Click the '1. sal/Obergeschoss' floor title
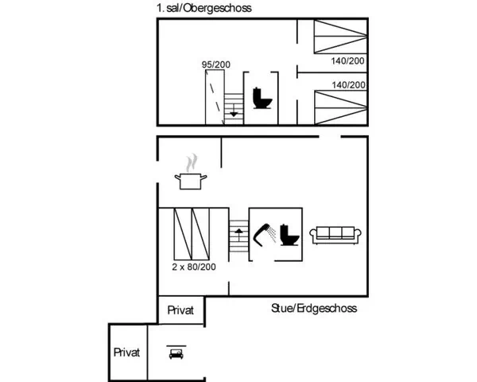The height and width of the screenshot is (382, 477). [204, 8]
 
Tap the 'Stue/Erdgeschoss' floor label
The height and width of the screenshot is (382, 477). [314, 308]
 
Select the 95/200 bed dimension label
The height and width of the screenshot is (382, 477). [216, 64]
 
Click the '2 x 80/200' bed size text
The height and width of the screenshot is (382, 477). [194, 267]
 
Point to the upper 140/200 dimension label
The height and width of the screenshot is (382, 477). [347, 61]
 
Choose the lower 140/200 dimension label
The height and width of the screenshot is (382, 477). [349, 84]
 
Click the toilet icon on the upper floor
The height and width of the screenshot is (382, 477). [262, 98]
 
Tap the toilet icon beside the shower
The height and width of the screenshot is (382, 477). [289, 235]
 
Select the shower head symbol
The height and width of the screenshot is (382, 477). [263, 234]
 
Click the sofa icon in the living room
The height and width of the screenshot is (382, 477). [335, 236]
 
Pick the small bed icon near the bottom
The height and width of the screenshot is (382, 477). [176, 353]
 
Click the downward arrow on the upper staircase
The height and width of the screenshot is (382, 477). [234, 111]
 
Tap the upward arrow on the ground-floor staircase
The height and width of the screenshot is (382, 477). [238, 234]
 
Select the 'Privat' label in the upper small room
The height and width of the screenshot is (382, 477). [180, 310]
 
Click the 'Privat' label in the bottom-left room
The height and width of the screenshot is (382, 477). [126, 353]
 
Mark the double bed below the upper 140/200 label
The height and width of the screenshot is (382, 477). [341, 107]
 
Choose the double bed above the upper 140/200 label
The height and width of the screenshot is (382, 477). [341, 37]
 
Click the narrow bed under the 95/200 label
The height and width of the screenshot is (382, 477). [215, 97]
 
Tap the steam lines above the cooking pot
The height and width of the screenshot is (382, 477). [192, 162]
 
